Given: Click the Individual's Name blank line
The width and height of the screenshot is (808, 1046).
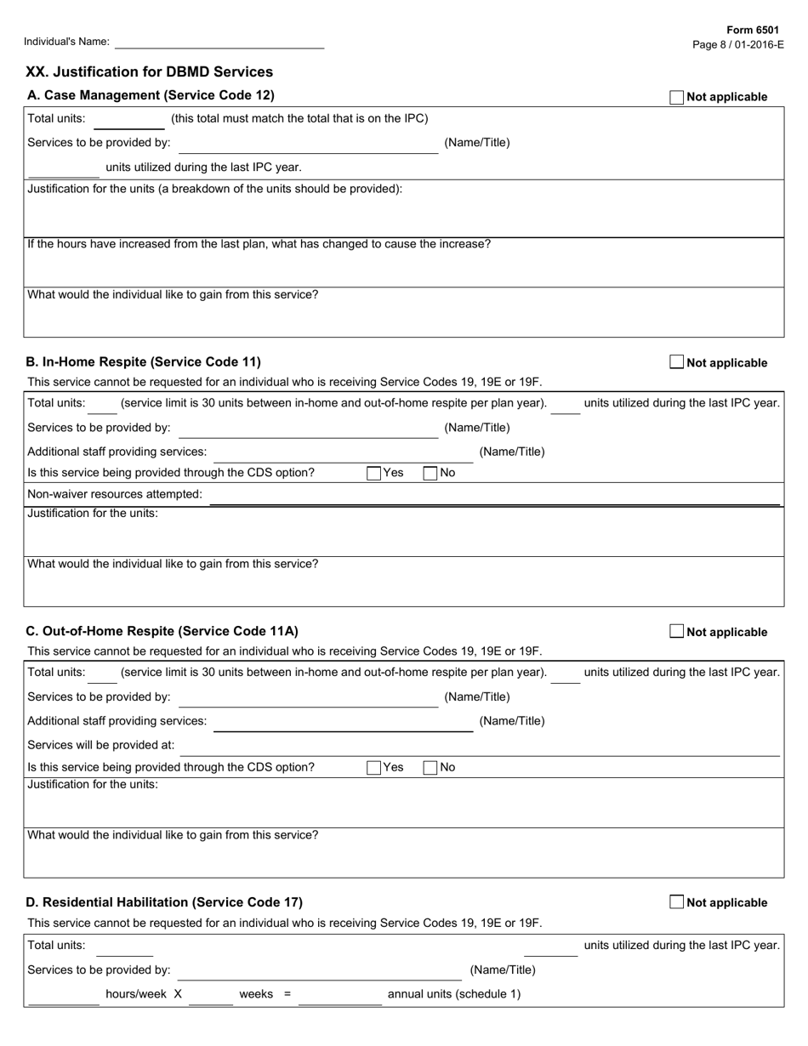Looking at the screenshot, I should [x=219, y=42].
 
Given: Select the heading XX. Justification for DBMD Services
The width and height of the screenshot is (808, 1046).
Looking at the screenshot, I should [x=150, y=72].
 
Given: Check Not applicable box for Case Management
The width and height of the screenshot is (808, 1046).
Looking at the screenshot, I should [x=676, y=97].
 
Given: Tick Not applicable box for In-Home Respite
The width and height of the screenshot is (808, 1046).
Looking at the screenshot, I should [x=676, y=362].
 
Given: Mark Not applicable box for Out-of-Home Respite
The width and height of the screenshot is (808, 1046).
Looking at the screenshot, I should [x=676, y=632].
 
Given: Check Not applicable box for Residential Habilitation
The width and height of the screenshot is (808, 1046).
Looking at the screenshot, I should [x=676, y=902].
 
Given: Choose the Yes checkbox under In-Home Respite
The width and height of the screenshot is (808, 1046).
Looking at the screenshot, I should [x=373, y=473].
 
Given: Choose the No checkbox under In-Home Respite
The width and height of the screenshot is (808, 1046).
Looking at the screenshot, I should [x=430, y=473].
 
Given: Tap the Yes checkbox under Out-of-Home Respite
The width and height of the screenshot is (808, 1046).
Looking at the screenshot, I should [x=373, y=767].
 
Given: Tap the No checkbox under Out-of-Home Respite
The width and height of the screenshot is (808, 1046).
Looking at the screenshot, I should [x=430, y=767].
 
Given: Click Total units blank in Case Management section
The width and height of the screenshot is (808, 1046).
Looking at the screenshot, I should [x=128, y=121].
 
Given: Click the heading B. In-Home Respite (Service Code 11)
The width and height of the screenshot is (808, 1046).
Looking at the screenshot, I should [x=144, y=362].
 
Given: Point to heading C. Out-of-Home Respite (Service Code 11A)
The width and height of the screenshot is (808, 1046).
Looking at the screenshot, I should [x=162, y=632].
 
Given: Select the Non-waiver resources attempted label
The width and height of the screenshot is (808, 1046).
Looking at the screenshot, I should [x=115, y=494].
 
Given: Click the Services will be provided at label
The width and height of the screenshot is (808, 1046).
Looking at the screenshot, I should [x=101, y=745].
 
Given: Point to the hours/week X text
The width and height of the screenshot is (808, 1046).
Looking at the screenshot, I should [x=144, y=994].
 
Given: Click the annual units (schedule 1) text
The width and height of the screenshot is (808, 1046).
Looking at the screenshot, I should [x=454, y=994].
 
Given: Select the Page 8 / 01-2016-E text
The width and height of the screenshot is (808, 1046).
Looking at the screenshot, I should [x=738, y=44].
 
